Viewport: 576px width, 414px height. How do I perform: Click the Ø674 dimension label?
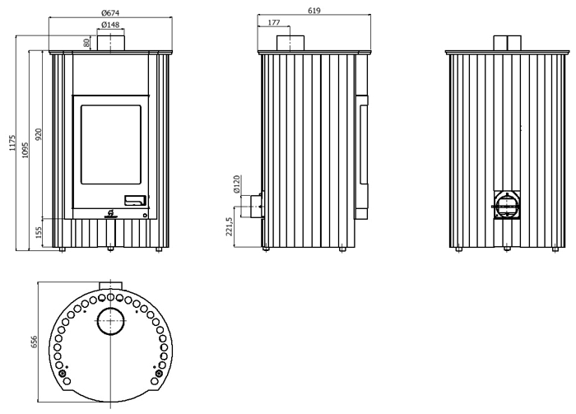click(x=110, y=13)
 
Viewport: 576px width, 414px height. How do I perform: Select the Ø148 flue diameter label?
click(x=110, y=25)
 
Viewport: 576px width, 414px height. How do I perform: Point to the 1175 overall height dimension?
click(x=13, y=143)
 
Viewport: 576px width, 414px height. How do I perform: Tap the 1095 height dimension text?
click(x=25, y=150)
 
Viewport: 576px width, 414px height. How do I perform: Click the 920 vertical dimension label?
click(x=39, y=134)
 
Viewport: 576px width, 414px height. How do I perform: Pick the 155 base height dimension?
click(x=39, y=232)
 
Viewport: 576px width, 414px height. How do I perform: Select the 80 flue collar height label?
click(x=86, y=43)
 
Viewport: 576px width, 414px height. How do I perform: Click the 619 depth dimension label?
click(x=314, y=11)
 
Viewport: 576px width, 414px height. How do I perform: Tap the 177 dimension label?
click(x=274, y=22)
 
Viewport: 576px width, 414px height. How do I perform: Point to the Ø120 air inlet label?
click(x=236, y=184)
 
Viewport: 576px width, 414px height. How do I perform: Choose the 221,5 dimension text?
click(x=230, y=226)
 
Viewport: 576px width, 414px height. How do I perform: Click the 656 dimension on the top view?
click(x=35, y=342)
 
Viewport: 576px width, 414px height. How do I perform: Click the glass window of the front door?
click(x=111, y=144)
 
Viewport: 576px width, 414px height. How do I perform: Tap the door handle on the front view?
click(x=135, y=200)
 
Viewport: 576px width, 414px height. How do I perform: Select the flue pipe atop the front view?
click(x=111, y=43)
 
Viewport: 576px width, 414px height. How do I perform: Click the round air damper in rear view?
click(x=507, y=206)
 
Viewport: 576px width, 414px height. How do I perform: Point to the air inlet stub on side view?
click(x=257, y=207)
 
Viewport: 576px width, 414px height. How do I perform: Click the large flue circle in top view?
click(x=110, y=321)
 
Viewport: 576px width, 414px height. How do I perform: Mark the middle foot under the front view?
click(x=110, y=249)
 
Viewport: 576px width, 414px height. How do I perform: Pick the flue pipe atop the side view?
click(x=290, y=43)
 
